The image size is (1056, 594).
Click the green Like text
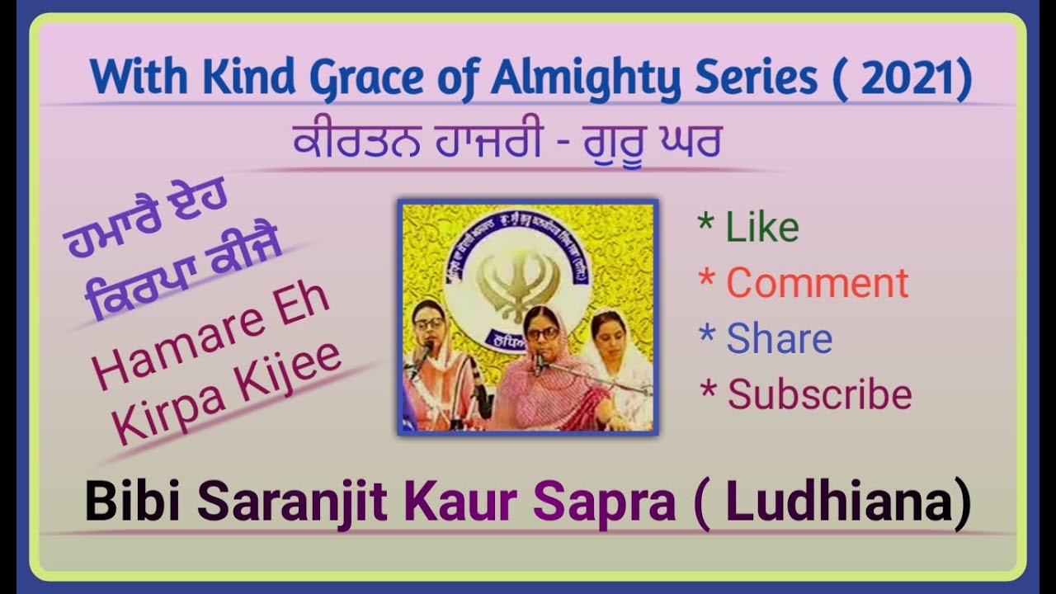pos(761,228)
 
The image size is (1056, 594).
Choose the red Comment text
pos(817,284)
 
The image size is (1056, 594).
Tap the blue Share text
pos(779,339)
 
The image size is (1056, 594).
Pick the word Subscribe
pos(819,395)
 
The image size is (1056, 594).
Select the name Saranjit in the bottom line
pos(293,503)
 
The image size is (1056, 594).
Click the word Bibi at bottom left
pos(135,503)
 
